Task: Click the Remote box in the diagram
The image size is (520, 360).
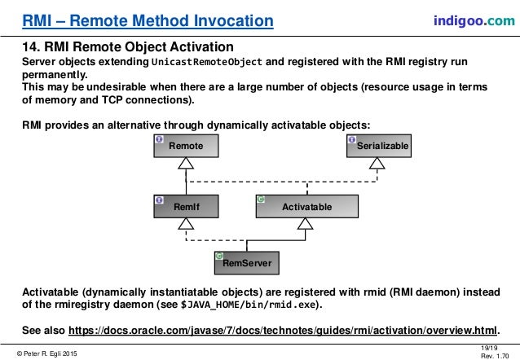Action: (187, 146)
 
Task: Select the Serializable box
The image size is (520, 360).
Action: (378, 146)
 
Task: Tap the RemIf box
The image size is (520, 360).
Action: (187, 208)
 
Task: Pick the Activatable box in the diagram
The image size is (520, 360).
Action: (306, 208)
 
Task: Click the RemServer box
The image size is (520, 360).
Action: (247, 263)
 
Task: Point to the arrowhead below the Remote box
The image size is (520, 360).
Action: (187, 165)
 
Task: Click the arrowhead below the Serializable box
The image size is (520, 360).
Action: (377, 165)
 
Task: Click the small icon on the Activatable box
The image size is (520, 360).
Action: (261, 199)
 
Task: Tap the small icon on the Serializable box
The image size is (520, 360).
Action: (351, 138)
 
